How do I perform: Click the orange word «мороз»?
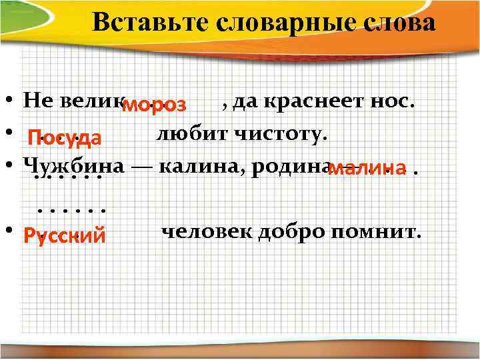157,105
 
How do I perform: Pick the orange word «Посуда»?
64,138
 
